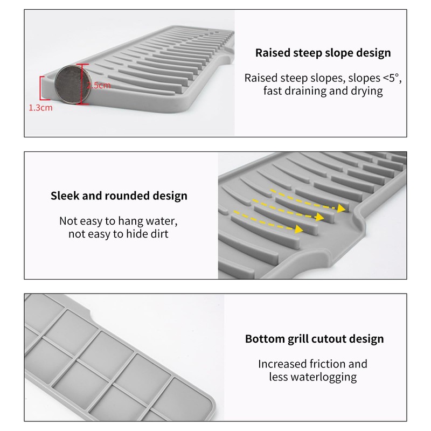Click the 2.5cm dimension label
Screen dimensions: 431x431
pyautogui.click(x=99, y=85)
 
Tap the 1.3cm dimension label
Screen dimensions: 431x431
pyautogui.click(x=40, y=108)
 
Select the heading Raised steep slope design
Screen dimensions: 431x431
pyautogui.click(x=323, y=53)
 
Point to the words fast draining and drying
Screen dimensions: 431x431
pyautogui.click(x=323, y=91)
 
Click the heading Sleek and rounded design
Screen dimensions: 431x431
pyautogui.click(x=119, y=196)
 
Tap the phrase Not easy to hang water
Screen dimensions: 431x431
pyautogui.click(x=119, y=221)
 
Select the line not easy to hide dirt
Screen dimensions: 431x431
pyautogui.click(x=119, y=234)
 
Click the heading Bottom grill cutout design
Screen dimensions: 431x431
pyautogui.click(x=314, y=339)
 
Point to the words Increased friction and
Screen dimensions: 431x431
pyautogui.click(x=312, y=364)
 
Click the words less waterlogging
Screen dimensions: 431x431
pyautogui.click(x=312, y=377)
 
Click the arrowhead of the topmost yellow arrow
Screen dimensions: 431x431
pyautogui.click(x=342, y=207)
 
